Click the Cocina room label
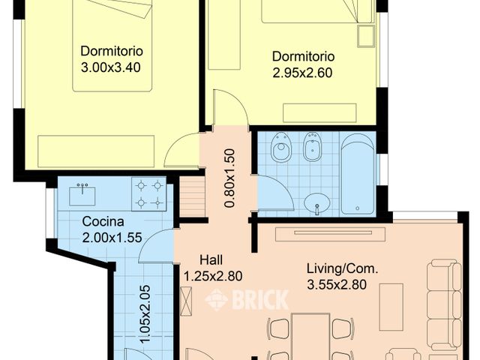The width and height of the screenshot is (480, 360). click(103, 222)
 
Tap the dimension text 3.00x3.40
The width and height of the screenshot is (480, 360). click(111, 67)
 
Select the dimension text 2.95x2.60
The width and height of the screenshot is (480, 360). click(302, 73)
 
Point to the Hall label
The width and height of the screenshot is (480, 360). click(211, 260)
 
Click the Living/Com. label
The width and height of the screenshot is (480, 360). click(343, 268)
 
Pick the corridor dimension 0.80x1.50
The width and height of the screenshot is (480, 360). click(229, 178)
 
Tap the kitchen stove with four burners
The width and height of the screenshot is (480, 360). click(149, 194)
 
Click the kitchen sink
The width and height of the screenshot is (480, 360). click(82, 195)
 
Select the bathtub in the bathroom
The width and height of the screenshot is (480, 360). click(358, 173)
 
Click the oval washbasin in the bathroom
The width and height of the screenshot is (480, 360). click(317, 202)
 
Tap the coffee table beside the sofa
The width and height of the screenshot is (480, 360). click(391, 307)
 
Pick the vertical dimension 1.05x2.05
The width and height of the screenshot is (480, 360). click(145, 314)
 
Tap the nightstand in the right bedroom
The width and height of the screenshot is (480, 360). click(366, 36)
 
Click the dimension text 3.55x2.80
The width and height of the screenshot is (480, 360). click(337, 285)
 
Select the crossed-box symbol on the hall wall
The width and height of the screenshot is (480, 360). click(186, 301)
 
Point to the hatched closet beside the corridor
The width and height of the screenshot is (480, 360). click(192, 196)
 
